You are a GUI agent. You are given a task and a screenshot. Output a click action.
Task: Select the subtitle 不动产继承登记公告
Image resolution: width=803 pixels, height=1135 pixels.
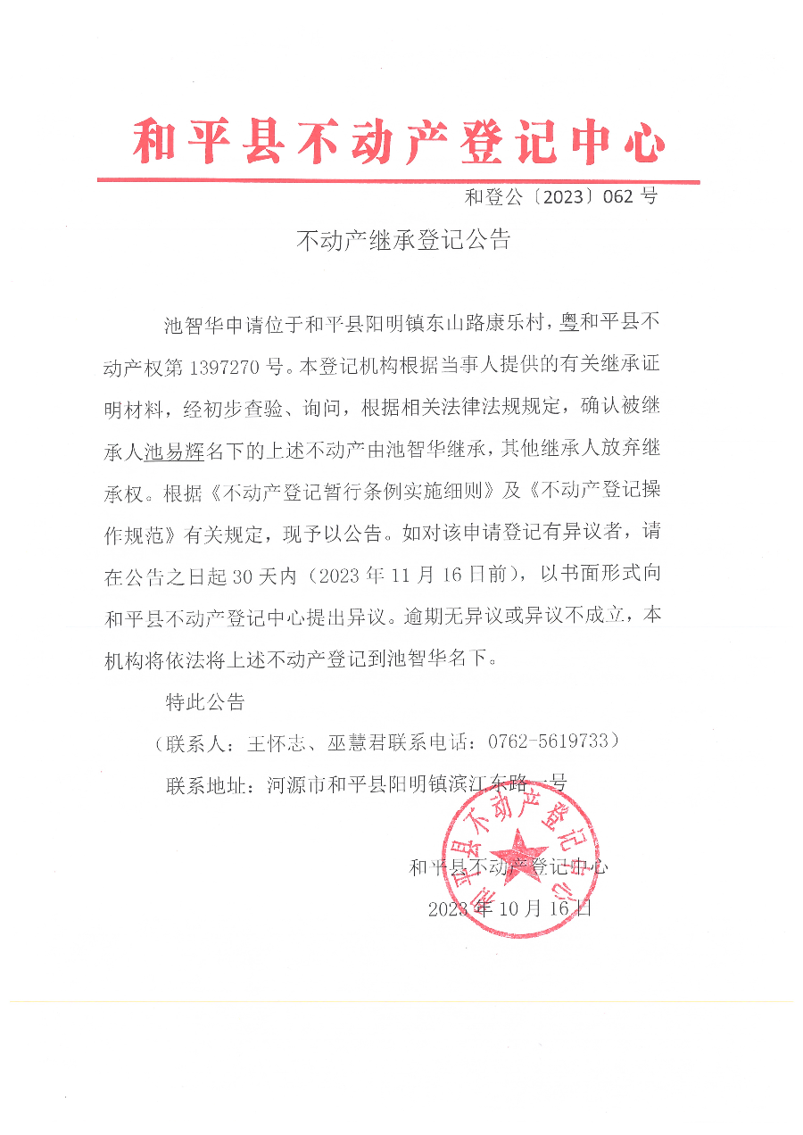pos(402,240)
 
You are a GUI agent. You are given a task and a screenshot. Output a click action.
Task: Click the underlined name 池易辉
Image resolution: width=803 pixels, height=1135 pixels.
pos(174,452)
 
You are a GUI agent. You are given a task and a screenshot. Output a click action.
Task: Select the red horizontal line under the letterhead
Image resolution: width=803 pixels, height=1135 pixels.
pos(398,181)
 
